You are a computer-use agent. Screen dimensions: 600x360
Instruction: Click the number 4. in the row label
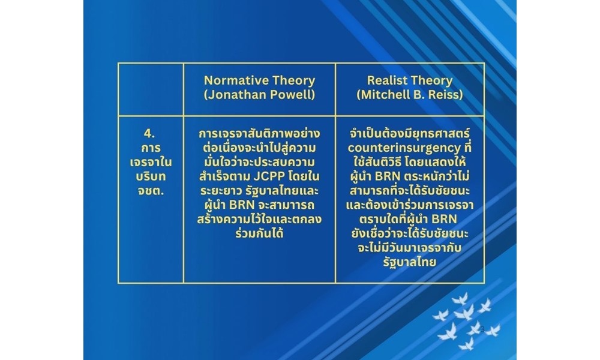[149, 134]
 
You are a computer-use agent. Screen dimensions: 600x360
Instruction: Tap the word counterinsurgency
[404, 148]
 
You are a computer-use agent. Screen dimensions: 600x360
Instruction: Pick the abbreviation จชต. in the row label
[151, 191]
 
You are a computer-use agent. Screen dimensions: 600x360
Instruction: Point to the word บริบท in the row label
[151, 176]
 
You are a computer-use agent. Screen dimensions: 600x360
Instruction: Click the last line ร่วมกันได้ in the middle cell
[259, 233]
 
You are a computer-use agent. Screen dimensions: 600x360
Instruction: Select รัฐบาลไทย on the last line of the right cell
[409, 262]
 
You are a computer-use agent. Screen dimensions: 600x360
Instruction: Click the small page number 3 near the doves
[483, 329]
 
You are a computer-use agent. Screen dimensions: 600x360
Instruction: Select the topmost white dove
[460, 298]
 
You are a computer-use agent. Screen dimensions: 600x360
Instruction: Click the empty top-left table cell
[151, 89]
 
